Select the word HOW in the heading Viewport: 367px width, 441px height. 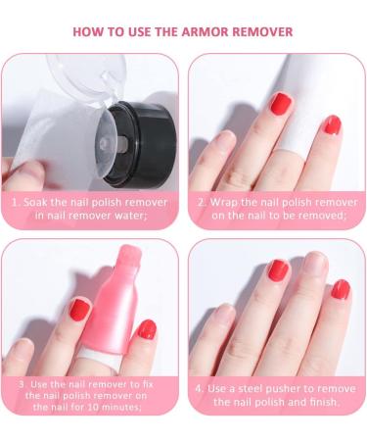(90, 31)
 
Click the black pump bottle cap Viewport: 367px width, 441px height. (136, 137)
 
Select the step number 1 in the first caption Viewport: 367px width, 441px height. (16, 202)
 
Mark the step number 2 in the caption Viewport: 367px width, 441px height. (201, 202)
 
